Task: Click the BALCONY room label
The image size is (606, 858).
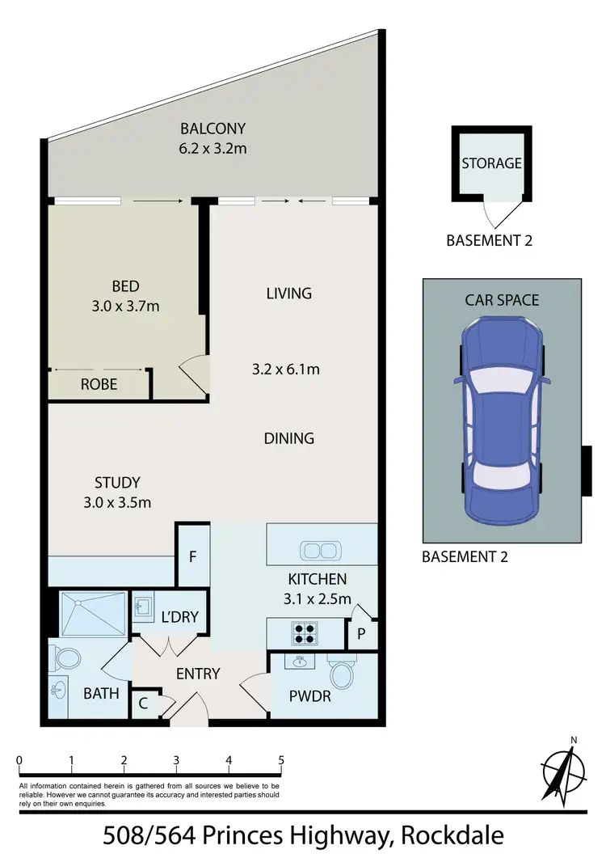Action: click(213, 129)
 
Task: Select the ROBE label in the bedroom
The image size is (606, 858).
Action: click(99, 385)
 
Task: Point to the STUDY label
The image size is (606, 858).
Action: click(117, 483)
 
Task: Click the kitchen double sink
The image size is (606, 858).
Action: click(322, 552)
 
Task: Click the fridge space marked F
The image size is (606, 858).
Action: click(193, 556)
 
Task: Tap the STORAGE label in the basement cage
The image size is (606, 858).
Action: click(491, 163)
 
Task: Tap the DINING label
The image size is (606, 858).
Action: click(288, 438)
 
